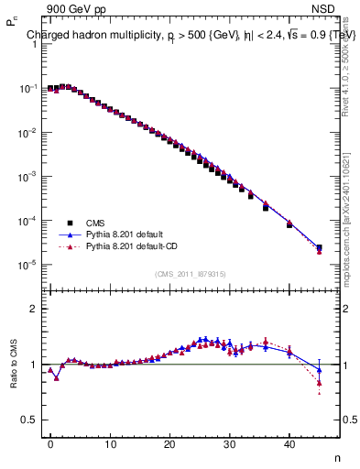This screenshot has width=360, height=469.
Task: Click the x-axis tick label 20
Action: click(169, 442)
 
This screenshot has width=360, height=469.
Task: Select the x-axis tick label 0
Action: click(50, 442)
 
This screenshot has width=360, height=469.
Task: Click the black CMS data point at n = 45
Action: click(319, 247)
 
